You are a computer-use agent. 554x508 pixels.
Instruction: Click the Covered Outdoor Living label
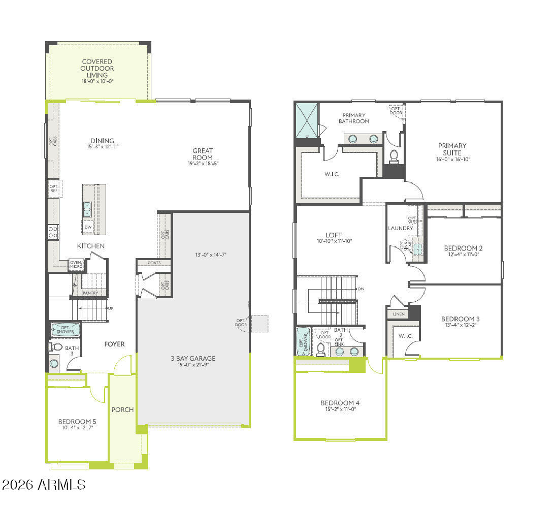pos(97,69)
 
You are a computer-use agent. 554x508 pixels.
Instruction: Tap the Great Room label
pos(203,154)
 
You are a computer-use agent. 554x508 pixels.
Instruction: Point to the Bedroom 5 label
pos(77,422)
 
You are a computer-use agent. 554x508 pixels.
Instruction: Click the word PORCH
pos(122,409)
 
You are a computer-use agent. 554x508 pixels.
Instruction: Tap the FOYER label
pos(115,344)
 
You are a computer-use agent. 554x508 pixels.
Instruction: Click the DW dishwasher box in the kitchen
pos(88,227)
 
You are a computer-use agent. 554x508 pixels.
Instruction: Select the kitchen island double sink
pos(87,209)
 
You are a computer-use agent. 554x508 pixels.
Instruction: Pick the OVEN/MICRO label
pos(76,264)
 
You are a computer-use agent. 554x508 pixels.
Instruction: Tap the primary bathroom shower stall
pos(307,120)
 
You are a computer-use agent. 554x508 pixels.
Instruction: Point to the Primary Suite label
pos(452,149)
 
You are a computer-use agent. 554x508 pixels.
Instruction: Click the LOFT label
pos(334,235)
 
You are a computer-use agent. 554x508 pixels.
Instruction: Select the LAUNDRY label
pos(401,228)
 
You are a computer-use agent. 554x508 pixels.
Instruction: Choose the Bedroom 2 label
pos(463,248)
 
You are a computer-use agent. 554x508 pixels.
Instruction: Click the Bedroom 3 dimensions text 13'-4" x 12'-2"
pos(461,325)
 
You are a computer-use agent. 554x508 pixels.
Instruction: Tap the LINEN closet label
pos(399,314)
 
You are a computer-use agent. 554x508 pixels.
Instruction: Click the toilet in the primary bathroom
pos(394,155)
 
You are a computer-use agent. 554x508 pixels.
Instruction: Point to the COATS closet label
pos(154,263)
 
